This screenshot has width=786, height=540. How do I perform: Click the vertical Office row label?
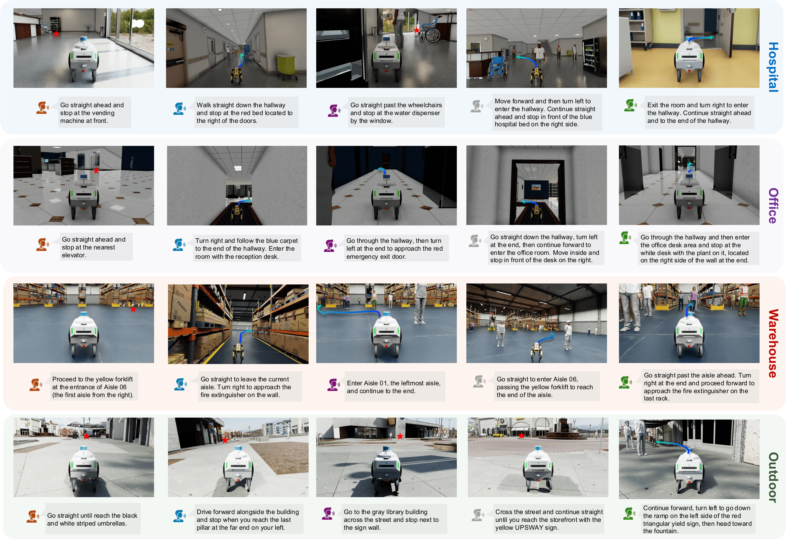click(x=773, y=206)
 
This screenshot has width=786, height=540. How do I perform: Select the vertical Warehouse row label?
click(x=773, y=343)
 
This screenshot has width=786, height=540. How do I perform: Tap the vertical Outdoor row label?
click(x=773, y=477)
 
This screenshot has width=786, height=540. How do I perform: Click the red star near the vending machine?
click(x=56, y=34)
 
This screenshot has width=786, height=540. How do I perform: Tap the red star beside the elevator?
click(x=96, y=170)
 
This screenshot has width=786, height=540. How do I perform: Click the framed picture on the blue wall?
click(x=536, y=187)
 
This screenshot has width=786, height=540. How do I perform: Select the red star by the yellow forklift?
click(x=133, y=309)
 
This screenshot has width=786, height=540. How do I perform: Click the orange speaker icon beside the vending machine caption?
click(x=42, y=108)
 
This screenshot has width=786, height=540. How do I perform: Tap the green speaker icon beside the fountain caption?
click(x=629, y=514)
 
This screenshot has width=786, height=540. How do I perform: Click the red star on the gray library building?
click(x=400, y=436)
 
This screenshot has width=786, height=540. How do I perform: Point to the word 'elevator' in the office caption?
click(x=74, y=255)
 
